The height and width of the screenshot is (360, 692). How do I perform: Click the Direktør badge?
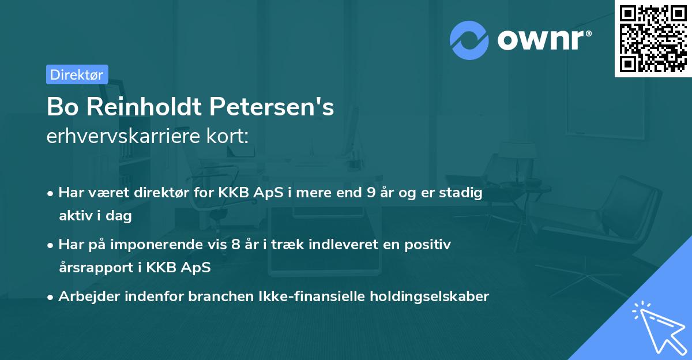click(x=77, y=74)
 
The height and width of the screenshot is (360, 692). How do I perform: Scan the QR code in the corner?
click(x=652, y=38)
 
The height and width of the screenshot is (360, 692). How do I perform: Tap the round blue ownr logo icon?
click(x=469, y=40)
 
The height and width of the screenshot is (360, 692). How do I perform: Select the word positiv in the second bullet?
click(x=430, y=245)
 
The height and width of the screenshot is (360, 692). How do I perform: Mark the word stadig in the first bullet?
click(x=462, y=193)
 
